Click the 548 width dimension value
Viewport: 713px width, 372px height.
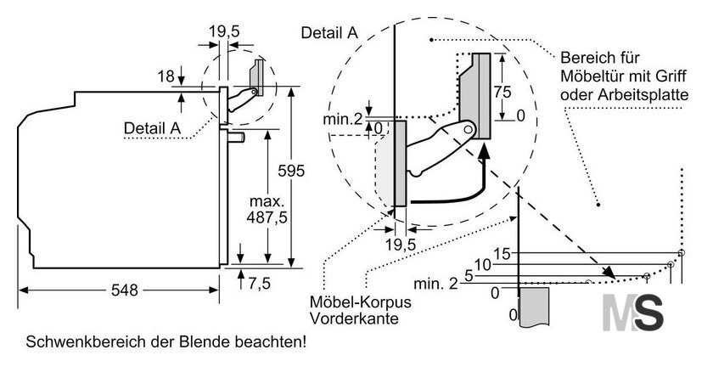124,290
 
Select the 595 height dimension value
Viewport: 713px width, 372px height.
291,171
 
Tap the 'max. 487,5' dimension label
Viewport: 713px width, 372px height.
267,209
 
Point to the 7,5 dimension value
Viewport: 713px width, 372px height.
259,284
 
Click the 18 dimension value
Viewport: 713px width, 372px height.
166,76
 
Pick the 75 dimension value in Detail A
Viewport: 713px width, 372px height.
502,93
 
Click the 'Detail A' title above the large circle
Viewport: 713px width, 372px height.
329,33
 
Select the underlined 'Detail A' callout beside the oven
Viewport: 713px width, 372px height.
152,128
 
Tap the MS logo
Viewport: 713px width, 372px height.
632,313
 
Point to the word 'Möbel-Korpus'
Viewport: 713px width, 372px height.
360,302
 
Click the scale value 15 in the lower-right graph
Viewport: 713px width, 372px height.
502,254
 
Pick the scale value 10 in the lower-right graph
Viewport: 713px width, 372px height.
482,265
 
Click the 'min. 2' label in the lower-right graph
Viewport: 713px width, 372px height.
435,285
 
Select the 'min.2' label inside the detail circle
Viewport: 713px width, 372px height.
343,120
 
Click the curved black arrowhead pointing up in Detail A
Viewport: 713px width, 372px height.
485,151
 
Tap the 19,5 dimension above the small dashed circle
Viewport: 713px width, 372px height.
224,31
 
